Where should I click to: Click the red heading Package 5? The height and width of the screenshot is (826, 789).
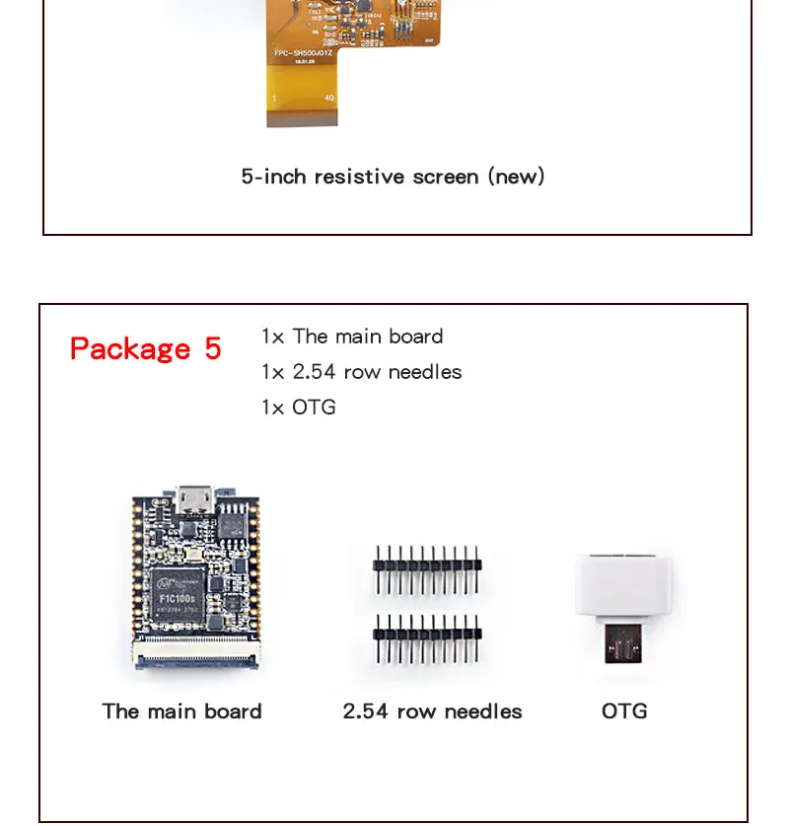145,349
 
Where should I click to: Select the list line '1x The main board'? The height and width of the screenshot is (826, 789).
352,337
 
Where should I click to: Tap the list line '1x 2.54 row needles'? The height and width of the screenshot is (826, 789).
361,372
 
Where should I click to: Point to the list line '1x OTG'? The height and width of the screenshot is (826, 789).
298,408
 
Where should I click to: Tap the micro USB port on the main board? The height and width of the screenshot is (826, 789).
194,501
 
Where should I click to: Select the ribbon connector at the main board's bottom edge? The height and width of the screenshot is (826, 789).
196,653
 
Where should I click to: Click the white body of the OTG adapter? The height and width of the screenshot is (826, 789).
624,589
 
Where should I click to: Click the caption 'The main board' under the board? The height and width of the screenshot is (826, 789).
181,712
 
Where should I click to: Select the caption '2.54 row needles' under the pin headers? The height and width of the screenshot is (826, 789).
432,712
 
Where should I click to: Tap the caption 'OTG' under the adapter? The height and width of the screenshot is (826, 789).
624,712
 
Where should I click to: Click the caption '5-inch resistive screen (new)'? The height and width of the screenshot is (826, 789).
393,177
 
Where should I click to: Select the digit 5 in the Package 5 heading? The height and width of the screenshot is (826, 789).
213,349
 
